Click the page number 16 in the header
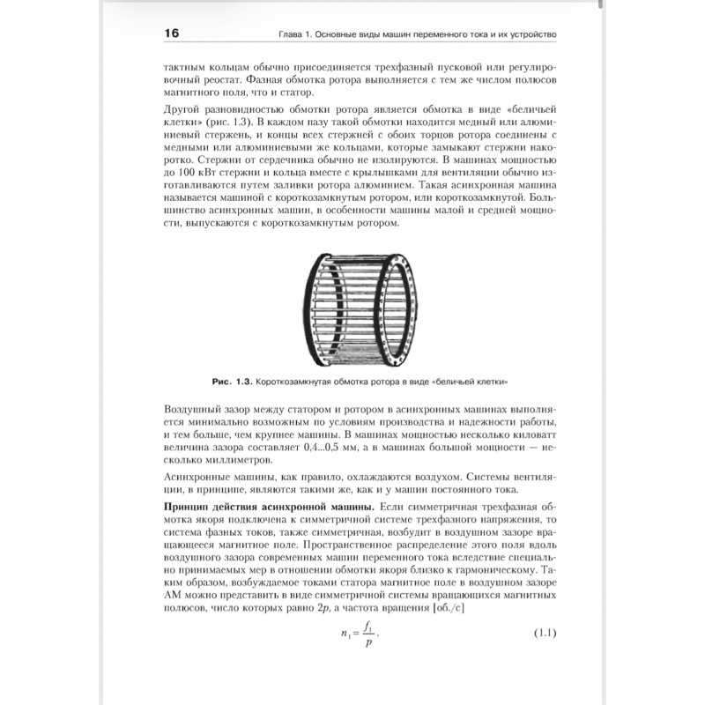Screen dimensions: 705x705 (171, 34)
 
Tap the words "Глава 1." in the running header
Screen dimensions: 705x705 (297, 35)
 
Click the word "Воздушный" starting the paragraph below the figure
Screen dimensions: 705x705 (194, 410)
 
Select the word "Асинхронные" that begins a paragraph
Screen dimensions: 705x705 (199, 477)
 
